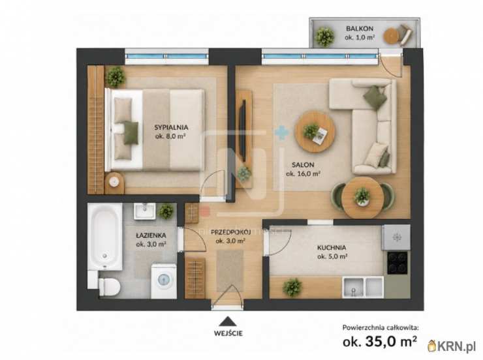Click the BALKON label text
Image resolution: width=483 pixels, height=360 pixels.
(360, 29)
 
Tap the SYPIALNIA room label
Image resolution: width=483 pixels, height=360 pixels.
(171, 127)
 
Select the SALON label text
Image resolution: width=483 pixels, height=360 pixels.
(303, 165)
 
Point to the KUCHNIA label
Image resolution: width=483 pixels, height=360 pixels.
(332, 247)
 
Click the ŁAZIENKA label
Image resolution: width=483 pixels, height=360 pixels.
(151, 235)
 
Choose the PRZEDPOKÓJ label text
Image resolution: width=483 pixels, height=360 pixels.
(230, 232)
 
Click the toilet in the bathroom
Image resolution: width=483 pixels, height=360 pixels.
(109, 286)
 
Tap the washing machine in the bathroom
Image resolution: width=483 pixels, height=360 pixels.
(164, 280)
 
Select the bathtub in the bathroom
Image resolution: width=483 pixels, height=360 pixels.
(104, 236)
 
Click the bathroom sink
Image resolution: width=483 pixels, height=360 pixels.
(144, 211)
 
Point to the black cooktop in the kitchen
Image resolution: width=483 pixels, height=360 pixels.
(397, 263)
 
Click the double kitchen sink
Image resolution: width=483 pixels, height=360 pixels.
(363, 287)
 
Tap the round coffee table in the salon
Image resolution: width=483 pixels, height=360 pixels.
(315, 131)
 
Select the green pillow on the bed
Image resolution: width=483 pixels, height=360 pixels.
(131, 132)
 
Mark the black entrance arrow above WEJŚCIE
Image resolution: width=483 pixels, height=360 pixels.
(228, 322)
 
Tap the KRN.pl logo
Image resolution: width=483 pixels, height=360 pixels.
(451, 346)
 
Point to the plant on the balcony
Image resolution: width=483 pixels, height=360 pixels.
(324, 37)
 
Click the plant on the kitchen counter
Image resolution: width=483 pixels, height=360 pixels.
(292, 288)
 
